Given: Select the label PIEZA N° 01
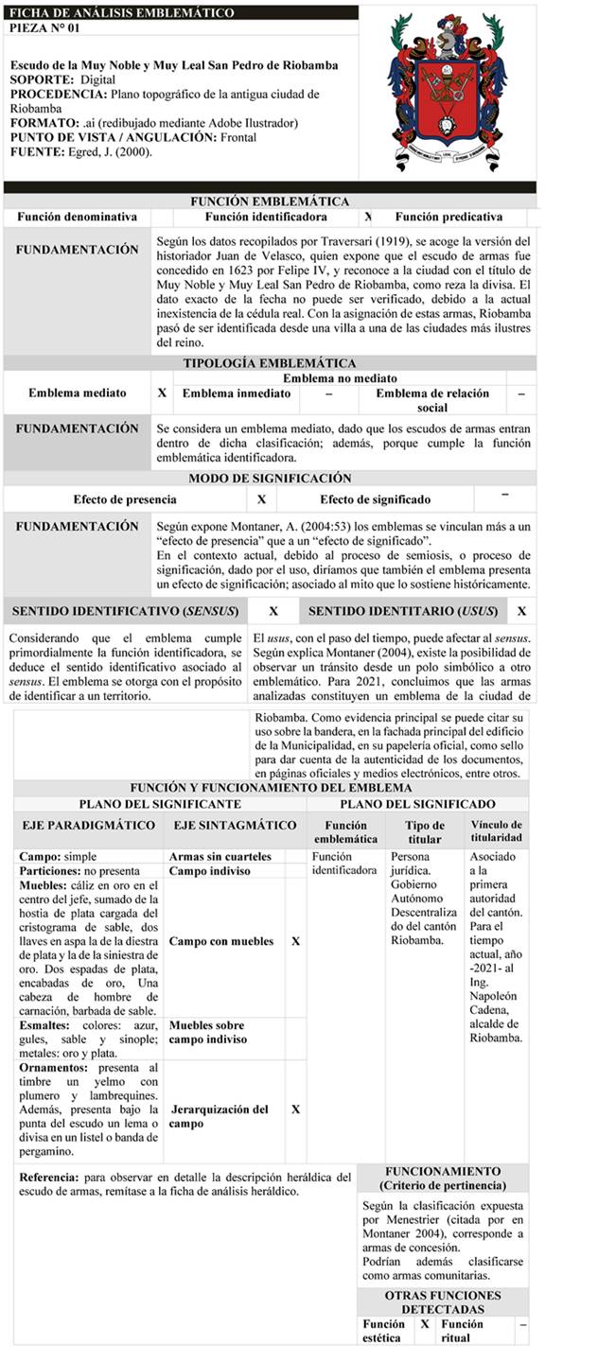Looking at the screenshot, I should (44, 28).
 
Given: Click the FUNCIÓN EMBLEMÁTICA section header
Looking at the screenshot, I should (270, 201).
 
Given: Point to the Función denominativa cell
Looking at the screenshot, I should (77, 218).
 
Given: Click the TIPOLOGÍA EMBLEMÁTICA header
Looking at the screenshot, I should (270, 363).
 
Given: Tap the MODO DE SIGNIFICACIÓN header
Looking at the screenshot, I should (270, 479).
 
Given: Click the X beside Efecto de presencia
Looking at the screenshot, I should (261, 499).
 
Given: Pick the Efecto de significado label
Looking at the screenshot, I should (375, 499).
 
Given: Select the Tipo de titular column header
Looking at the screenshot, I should (425, 831).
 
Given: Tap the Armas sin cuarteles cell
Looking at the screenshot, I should (220, 857).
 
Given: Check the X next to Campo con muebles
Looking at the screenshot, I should (296, 942).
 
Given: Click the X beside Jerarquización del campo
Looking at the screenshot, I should (296, 1109).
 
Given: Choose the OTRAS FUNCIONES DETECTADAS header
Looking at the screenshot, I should (444, 1302).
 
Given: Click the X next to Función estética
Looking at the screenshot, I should (425, 1324).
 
